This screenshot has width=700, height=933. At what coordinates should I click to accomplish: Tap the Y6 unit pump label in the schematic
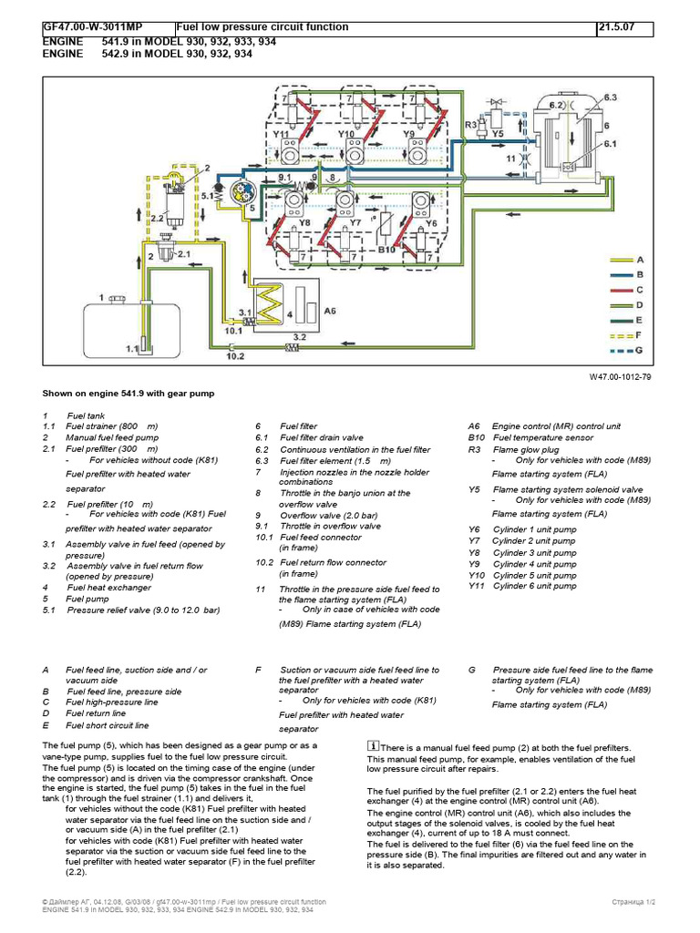[432, 221]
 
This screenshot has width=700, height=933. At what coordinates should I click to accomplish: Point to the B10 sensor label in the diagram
[386, 247]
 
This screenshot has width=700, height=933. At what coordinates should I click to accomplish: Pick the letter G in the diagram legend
[639, 350]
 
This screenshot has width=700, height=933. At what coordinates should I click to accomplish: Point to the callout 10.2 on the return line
[234, 356]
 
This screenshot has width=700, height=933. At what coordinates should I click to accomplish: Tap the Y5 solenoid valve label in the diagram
[497, 134]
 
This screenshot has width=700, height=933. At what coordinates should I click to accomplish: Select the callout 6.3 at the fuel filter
[610, 96]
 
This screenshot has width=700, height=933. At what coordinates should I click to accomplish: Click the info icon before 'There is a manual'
[373, 745]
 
